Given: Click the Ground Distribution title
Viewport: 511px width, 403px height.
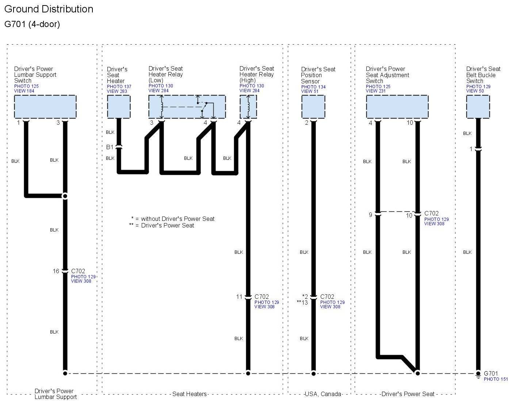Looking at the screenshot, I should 49,9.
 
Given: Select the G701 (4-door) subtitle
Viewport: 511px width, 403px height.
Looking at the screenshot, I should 32,24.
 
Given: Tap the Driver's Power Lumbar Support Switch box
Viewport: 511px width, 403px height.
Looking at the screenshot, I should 45,107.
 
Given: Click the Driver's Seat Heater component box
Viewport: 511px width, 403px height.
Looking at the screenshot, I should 119,107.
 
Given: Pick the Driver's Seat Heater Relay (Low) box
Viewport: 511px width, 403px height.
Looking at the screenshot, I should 187,107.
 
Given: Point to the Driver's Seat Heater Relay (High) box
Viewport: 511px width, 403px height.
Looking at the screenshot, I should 248,107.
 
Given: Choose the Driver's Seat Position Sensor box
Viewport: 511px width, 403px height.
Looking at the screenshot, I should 313,107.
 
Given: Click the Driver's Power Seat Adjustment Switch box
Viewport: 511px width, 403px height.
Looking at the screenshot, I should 397,107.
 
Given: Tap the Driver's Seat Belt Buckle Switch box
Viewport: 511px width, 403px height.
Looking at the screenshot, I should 478,107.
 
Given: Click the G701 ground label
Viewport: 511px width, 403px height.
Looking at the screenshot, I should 491,373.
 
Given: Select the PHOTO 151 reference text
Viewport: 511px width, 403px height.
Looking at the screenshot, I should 496,379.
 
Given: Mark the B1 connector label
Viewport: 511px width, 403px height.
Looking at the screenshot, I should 110,147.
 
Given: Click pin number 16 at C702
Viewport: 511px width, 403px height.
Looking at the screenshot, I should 56,271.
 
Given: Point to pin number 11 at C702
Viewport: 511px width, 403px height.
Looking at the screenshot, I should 239,297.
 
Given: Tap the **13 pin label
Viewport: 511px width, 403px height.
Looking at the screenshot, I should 302,302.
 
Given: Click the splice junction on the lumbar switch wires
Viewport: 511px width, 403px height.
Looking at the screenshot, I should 65,196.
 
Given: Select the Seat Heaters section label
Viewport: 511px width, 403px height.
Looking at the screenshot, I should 190,394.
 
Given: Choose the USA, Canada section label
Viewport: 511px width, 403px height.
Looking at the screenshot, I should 323,394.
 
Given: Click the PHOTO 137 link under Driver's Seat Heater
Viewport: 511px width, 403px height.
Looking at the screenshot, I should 119,87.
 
